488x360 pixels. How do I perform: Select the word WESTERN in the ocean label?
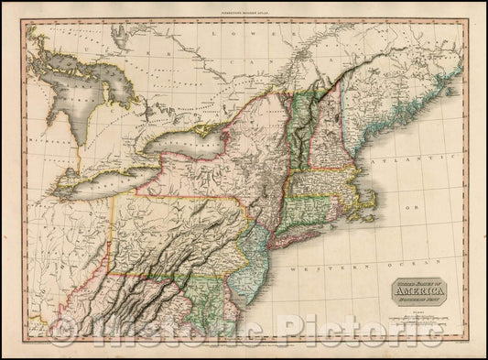click(311, 272)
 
